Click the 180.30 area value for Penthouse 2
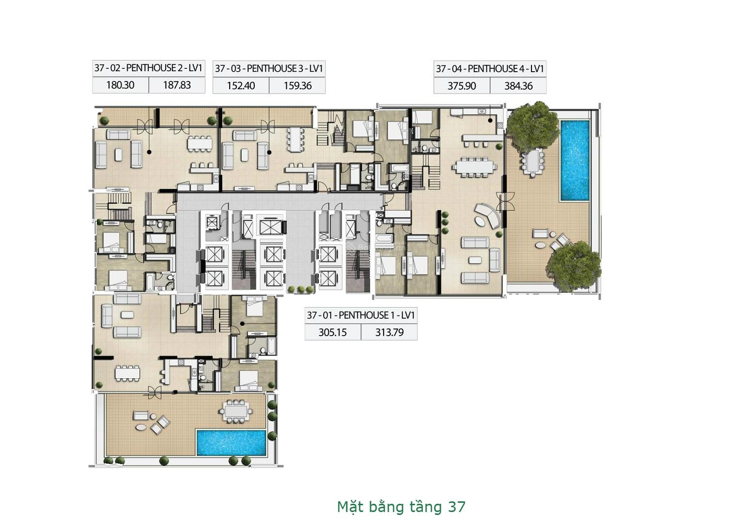[x=121, y=85]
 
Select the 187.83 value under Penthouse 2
[x=177, y=85]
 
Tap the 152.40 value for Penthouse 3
[x=241, y=86]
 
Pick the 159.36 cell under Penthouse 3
[x=297, y=86]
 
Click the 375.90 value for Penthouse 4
[x=462, y=86]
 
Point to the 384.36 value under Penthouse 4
[x=518, y=86]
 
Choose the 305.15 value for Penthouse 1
[x=332, y=333]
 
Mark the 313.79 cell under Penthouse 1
[x=389, y=333]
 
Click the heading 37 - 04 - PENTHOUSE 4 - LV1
[x=490, y=69]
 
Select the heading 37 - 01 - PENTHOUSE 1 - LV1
[x=361, y=315]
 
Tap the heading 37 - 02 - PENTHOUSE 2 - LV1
[x=148, y=68]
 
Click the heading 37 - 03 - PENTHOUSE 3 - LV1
[x=269, y=69]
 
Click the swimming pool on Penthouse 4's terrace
[x=575, y=160]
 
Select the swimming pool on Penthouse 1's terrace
[x=231, y=443]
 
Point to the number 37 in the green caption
[x=456, y=507]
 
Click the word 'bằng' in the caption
[x=383, y=508]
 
